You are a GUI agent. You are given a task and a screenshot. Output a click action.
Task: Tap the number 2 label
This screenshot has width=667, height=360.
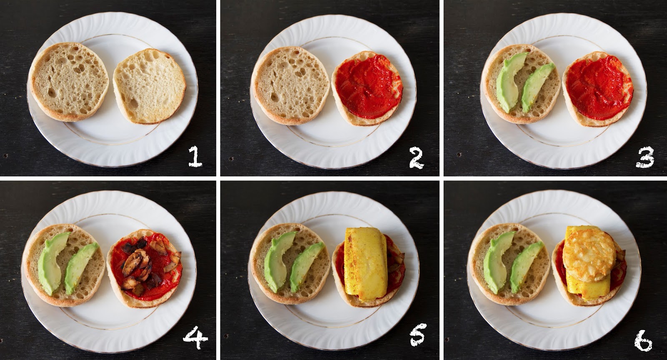[416, 159]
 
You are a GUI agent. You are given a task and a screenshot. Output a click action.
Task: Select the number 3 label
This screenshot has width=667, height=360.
[645, 157]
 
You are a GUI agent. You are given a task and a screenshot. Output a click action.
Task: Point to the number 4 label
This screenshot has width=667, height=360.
[196, 337]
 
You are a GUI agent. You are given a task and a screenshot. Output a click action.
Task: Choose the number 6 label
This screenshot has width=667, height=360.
[643, 340]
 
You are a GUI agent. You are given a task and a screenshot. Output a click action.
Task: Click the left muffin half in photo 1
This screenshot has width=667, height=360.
[69, 82]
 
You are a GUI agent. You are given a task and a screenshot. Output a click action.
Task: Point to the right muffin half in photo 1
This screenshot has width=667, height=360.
[150, 86]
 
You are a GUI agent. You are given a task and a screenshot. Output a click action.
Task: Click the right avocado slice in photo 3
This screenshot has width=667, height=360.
[537, 88]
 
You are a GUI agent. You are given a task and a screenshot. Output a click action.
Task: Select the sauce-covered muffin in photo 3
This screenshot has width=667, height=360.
[598, 89]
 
